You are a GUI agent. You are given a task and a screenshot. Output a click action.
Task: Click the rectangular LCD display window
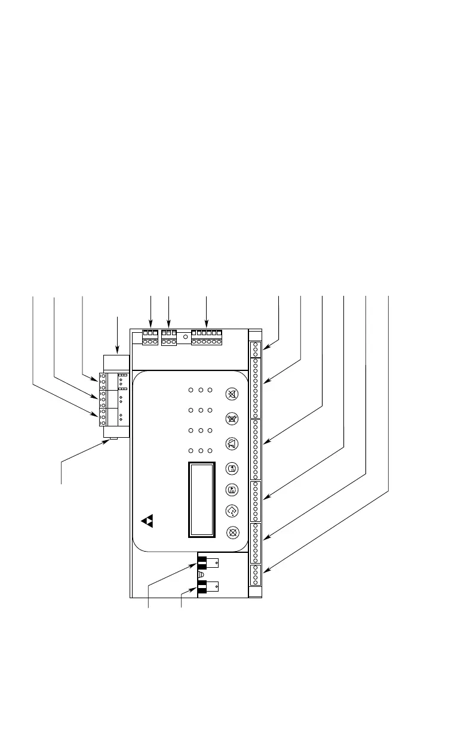click(201, 499)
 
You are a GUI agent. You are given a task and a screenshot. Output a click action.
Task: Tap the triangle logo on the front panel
click(148, 521)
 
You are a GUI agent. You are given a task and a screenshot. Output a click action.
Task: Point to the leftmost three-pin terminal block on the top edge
click(150, 338)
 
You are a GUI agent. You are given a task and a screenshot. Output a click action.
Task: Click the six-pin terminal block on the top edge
click(207, 338)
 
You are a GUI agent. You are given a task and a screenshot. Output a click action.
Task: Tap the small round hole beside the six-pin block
click(186, 337)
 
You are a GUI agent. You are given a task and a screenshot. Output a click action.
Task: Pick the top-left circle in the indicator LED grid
click(191, 391)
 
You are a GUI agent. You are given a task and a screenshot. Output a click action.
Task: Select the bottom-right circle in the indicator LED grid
click(210, 450)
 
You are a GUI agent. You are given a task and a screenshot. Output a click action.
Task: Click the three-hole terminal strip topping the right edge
click(255, 349)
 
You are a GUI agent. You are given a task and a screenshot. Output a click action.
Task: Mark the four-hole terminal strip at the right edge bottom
click(255, 574)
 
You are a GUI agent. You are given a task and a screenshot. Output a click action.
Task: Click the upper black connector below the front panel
click(202, 562)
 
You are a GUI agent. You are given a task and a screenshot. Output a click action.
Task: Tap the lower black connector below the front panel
click(202, 586)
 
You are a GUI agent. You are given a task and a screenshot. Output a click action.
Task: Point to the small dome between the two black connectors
click(201, 574)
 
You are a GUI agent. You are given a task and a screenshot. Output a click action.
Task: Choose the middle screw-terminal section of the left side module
click(103, 398)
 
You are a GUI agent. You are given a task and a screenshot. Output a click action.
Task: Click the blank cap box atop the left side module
click(116, 363)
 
